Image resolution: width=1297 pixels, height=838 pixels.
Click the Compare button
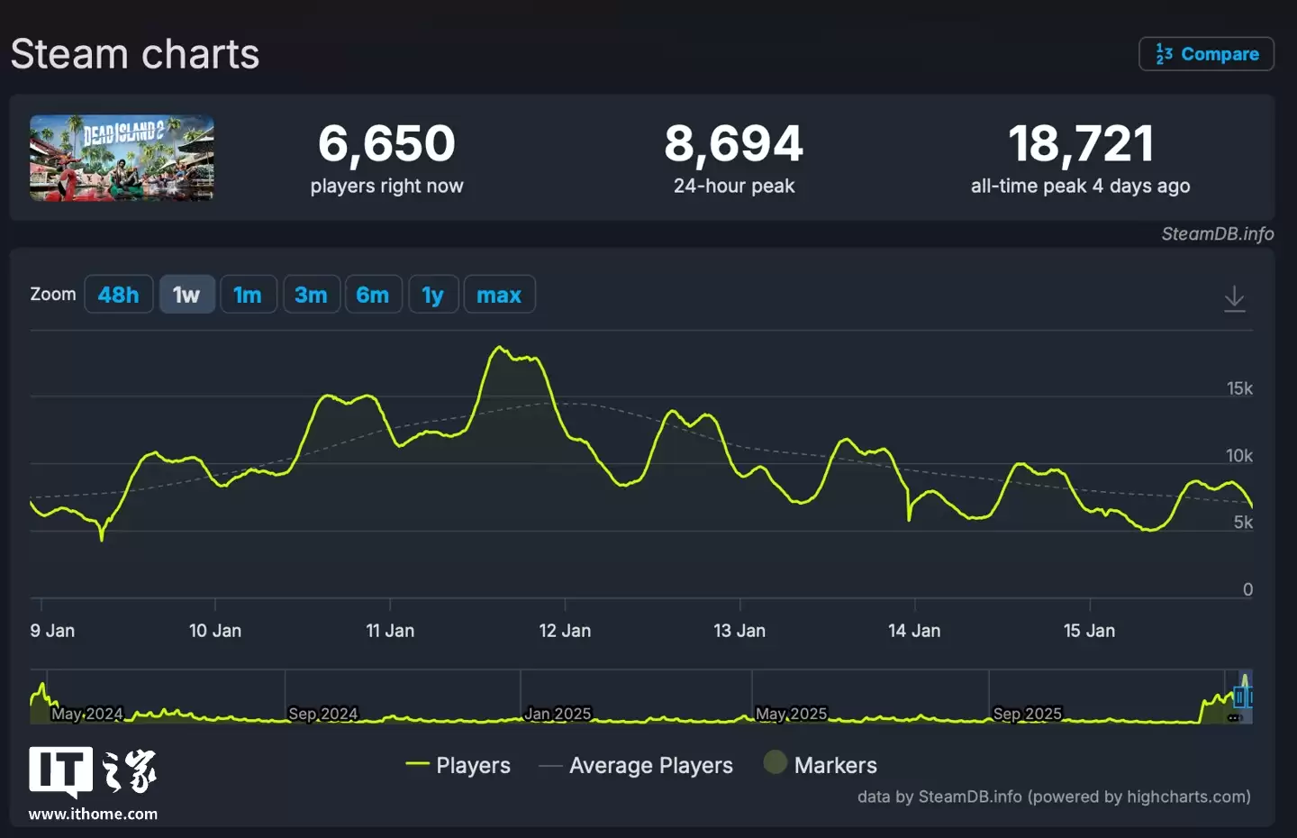(x=1206, y=54)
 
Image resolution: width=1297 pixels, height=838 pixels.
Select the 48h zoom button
(x=118, y=295)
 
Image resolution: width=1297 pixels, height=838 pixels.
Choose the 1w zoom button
(x=186, y=295)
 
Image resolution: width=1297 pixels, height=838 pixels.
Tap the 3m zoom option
(x=311, y=295)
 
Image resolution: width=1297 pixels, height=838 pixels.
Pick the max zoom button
(x=499, y=295)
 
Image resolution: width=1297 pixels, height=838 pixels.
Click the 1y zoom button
(x=432, y=295)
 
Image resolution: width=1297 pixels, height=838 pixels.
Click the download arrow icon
(x=1234, y=298)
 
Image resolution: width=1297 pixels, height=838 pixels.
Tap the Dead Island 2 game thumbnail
(x=122, y=158)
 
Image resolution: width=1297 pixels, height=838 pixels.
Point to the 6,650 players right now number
(x=386, y=143)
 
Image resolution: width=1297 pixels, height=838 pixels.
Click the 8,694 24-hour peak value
(x=733, y=143)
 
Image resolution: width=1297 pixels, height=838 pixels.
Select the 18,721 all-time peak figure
(x=1080, y=143)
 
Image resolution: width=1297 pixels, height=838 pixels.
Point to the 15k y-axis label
(x=1239, y=388)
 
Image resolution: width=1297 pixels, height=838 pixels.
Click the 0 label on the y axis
(x=1247, y=589)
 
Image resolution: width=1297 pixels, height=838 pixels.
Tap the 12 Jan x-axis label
(x=565, y=631)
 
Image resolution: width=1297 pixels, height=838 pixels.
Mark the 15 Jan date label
(x=1089, y=631)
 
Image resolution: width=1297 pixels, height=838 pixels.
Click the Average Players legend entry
(x=650, y=765)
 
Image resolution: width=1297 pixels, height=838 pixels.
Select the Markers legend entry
(x=834, y=765)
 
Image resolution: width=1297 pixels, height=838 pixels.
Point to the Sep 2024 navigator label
(x=322, y=714)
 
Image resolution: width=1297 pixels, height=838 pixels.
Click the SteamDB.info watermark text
(x=1217, y=234)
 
